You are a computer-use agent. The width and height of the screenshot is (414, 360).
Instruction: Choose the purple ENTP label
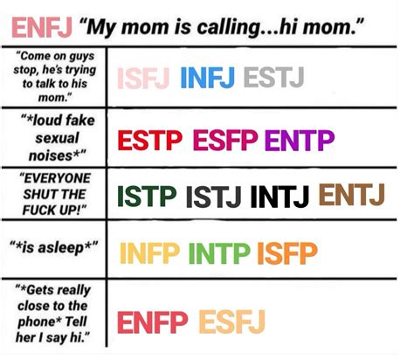[x=299, y=140]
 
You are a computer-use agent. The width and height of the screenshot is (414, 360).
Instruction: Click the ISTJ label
[x=214, y=197]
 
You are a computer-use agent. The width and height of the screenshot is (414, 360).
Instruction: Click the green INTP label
[x=221, y=253]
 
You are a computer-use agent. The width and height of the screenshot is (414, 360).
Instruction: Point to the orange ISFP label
[x=287, y=253]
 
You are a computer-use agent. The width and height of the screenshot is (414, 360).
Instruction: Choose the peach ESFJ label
[x=231, y=322]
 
